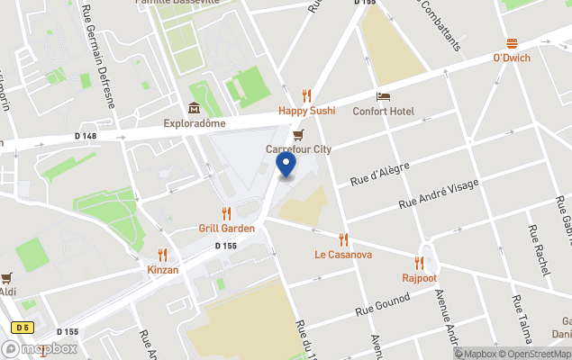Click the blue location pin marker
coord(286,165)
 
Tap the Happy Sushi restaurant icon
coord(306,95)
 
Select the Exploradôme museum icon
coord(193,108)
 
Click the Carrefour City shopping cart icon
coord(298,134)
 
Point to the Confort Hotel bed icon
coord(383,96)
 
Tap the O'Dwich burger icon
coord(512,43)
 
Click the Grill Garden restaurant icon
coord(226,213)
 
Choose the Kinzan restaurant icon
coord(162,255)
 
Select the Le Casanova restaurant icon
coord(343,239)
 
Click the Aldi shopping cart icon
coord(7,277)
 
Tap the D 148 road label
coord(86,136)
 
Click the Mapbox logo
coord(40,348)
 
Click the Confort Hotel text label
coord(384,111)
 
